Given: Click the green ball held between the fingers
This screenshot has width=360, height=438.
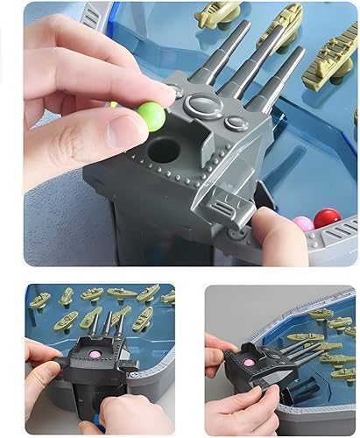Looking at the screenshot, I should tap(151, 116).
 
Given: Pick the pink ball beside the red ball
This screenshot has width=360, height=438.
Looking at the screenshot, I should tap(303, 224).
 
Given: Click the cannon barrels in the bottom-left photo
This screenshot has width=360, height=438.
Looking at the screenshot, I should tap(108, 326).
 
